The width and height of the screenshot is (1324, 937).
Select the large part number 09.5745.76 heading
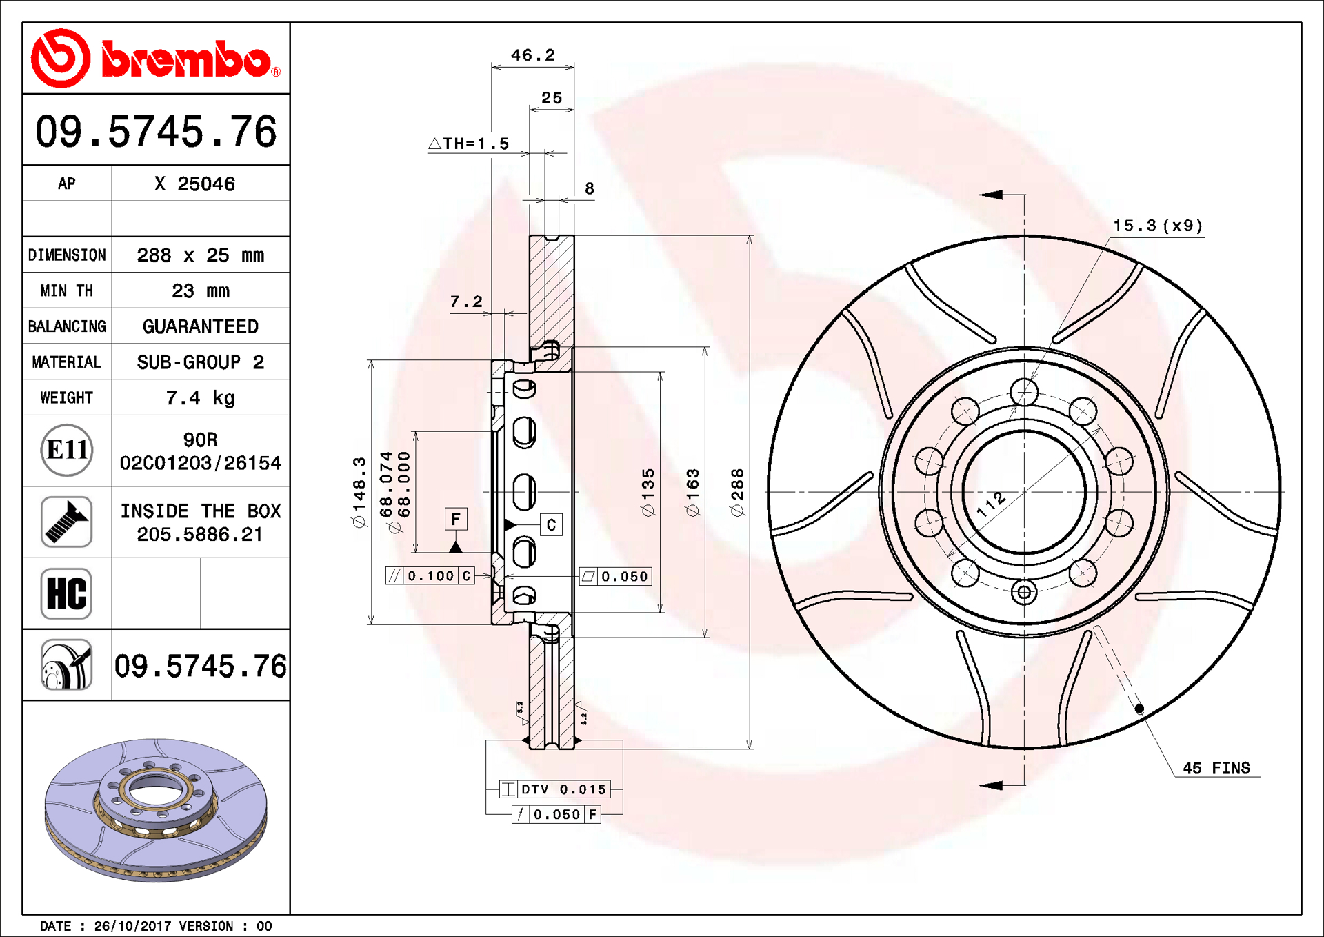click(x=156, y=131)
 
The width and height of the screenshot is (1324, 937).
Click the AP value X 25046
click(x=195, y=184)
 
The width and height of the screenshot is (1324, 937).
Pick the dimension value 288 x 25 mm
click(x=200, y=255)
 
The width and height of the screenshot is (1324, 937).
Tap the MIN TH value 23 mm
click(x=200, y=291)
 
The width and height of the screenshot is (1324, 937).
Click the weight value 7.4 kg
click(x=200, y=398)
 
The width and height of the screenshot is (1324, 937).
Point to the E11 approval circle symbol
click(x=67, y=451)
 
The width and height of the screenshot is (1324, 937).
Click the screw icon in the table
click(x=67, y=522)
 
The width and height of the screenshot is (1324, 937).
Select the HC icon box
click(x=67, y=593)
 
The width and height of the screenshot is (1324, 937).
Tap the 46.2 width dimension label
click(x=532, y=55)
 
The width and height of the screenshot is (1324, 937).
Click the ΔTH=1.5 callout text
click(x=469, y=144)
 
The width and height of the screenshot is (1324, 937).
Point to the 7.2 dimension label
click(x=466, y=302)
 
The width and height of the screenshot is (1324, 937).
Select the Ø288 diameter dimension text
click(x=737, y=492)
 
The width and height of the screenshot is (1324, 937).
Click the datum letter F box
click(x=456, y=519)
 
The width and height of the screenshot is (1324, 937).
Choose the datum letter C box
click(x=551, y=525)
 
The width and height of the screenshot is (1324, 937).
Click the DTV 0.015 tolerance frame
click(x=555, y=789)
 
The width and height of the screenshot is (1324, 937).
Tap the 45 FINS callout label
click(x=1216, y=768)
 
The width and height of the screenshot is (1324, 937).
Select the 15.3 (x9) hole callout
click(x=1158, y=226)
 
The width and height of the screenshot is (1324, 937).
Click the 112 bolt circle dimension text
click(x=991, y=505)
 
